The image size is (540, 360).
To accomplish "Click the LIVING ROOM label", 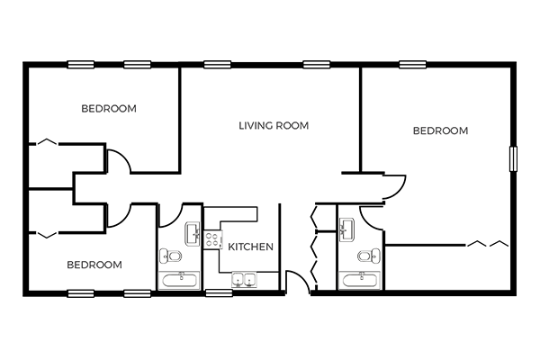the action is click(274, 125).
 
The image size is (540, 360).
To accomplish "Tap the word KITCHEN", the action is click(251, 247).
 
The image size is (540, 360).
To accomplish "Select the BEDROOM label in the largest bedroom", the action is click(440, 130).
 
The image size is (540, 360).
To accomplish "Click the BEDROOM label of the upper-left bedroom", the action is click(109, 109).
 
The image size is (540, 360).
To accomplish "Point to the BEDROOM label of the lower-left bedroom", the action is click(94, 265).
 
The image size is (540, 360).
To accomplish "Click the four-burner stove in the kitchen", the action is click(211, 239).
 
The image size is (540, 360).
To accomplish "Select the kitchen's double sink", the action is click(244, 280).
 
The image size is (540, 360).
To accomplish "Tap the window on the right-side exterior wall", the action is click(513, 158).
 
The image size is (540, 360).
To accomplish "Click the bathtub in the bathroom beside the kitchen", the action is click(179, 280).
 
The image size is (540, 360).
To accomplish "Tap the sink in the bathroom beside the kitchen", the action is click(193, 234).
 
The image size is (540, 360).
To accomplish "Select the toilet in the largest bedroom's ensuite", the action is click(369, 256).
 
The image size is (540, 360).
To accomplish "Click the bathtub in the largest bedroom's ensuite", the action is click(359, 280).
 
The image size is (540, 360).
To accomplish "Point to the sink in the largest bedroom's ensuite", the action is click(347, 229).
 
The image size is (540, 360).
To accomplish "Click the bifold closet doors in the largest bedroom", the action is click(488, 244).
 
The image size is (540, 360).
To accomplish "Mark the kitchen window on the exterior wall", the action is click(219, 293).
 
